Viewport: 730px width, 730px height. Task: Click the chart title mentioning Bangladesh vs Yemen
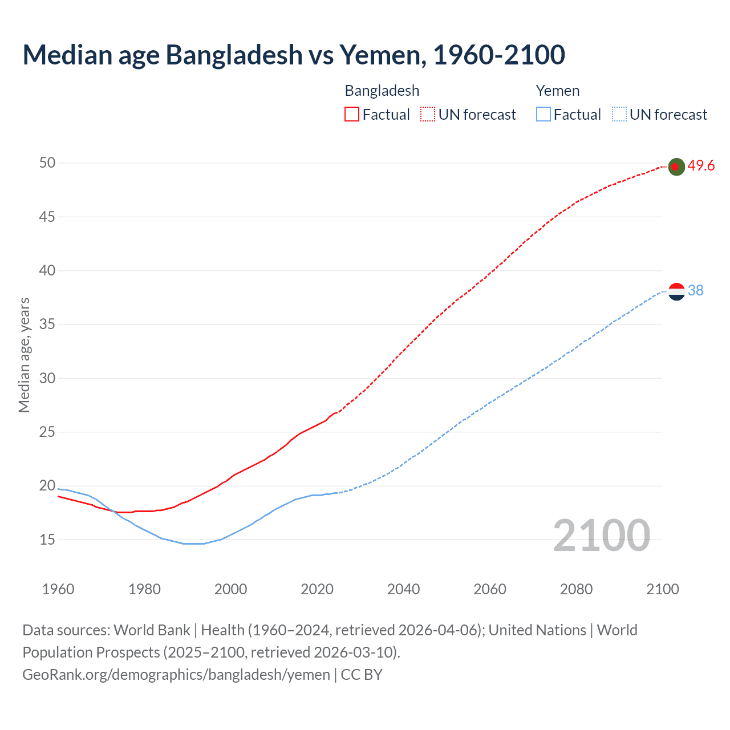click(x=294, y=55)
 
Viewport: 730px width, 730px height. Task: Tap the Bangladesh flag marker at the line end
click(x=676, y=167)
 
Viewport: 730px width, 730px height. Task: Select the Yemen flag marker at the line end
click(x=676, y=291)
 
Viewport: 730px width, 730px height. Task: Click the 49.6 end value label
click(x=701, y=166)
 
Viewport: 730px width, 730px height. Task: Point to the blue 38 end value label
click(x=696, y=291)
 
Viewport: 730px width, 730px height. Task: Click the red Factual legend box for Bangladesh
click(x=352, y=115)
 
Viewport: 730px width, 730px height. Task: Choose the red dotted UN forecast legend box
click(x=428, y=115)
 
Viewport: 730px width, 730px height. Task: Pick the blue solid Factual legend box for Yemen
click(x=544, y=115)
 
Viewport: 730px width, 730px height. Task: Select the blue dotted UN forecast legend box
click(x=619, y=115)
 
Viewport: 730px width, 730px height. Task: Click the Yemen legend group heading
click(x=558, y=91)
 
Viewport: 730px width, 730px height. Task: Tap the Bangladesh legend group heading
click(x=382, y=91)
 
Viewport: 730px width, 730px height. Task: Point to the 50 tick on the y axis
click(x=47, y=163)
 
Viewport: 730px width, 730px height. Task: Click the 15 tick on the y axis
click(x=47, y=540)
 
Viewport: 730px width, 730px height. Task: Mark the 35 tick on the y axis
click(x=47, y=325)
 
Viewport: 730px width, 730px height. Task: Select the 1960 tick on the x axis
click(x=58, y=589)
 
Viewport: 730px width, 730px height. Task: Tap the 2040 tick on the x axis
click(x=403, y=589)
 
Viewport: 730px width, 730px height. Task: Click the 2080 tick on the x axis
click(x=576, y=589)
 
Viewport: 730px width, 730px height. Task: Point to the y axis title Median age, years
click(x=24, y=355)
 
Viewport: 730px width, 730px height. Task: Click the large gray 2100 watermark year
click(x=602, y=536)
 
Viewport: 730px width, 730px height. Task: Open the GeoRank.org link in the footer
click(x=176, y=675)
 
